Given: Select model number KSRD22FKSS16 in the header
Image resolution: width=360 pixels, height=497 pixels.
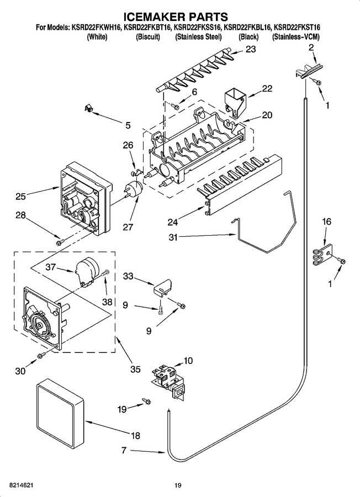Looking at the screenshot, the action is point(198,28).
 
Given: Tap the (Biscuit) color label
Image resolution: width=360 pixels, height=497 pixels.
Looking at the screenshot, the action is point(147,37).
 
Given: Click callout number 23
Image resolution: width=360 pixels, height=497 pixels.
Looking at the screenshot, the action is point(250,50).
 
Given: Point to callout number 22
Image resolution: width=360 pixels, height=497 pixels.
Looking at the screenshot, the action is point(267,88).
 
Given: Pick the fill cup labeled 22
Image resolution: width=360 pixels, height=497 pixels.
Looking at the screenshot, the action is point(235,102).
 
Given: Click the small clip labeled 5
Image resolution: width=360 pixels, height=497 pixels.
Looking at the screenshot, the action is point(88,108).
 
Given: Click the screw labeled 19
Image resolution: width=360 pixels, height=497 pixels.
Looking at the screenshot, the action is point(146,401).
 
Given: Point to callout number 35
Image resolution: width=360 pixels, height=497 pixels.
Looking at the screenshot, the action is point(136,369).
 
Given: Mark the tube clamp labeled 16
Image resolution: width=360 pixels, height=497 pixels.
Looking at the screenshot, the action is point(323,254).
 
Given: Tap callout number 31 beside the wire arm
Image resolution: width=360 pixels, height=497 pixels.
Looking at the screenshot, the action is point(173,237).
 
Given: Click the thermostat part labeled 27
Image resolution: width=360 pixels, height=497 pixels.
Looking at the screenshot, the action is point(134,190).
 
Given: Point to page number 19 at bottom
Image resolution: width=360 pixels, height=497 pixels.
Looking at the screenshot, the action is point(178,485).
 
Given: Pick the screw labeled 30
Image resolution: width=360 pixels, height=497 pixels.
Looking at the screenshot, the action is point(40,355).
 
